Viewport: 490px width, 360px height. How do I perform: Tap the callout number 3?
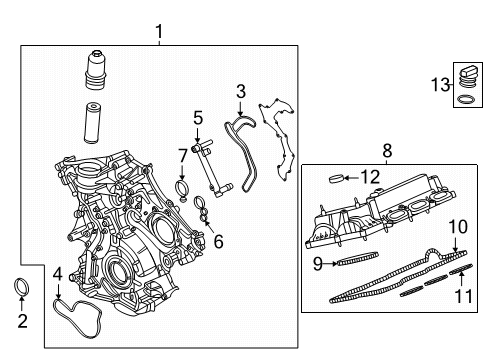tap(240, 92)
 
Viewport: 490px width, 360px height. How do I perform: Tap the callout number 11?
tap(462, 297)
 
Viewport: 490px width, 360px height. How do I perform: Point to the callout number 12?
tap(370, 178)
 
